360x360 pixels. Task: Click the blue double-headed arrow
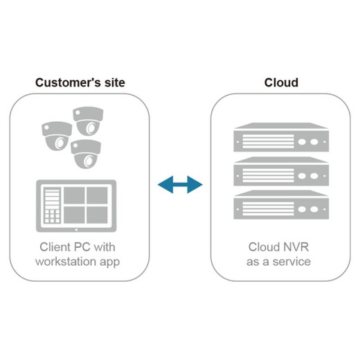180,184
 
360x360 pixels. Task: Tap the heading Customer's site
80,82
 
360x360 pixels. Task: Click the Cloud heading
281,82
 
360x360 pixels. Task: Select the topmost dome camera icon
88,121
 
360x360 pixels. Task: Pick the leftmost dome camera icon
57,136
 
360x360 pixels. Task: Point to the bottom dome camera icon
86,154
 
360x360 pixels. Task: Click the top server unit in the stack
281,137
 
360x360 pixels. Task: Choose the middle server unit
281,171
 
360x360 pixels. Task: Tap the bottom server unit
281,205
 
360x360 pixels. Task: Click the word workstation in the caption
66,262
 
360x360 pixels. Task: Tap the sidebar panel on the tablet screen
52,205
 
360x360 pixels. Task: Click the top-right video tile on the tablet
97,195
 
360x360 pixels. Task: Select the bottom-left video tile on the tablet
74,215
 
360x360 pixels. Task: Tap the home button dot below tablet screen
76,230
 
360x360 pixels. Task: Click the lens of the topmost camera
91,128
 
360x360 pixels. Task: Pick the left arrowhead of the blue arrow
165,184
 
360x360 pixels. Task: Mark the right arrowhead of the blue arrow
195,184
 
